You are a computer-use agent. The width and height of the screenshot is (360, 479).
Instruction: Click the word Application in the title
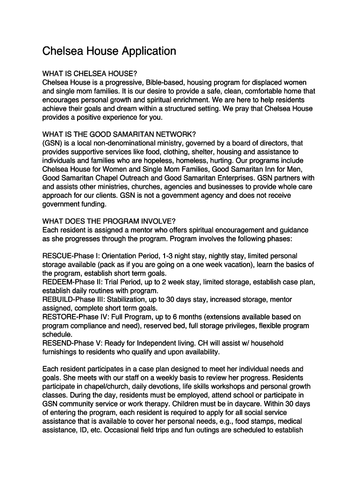click(x=149, y=51)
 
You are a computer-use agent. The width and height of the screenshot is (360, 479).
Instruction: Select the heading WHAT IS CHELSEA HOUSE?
click(x=89, y=74)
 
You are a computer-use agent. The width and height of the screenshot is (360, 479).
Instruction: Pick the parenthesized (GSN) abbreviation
click(x=52, y=143)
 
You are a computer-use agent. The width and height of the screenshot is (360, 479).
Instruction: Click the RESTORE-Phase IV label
click(x=74, y=317)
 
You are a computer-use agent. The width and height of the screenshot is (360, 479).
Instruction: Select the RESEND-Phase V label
click(x=72, y=343)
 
